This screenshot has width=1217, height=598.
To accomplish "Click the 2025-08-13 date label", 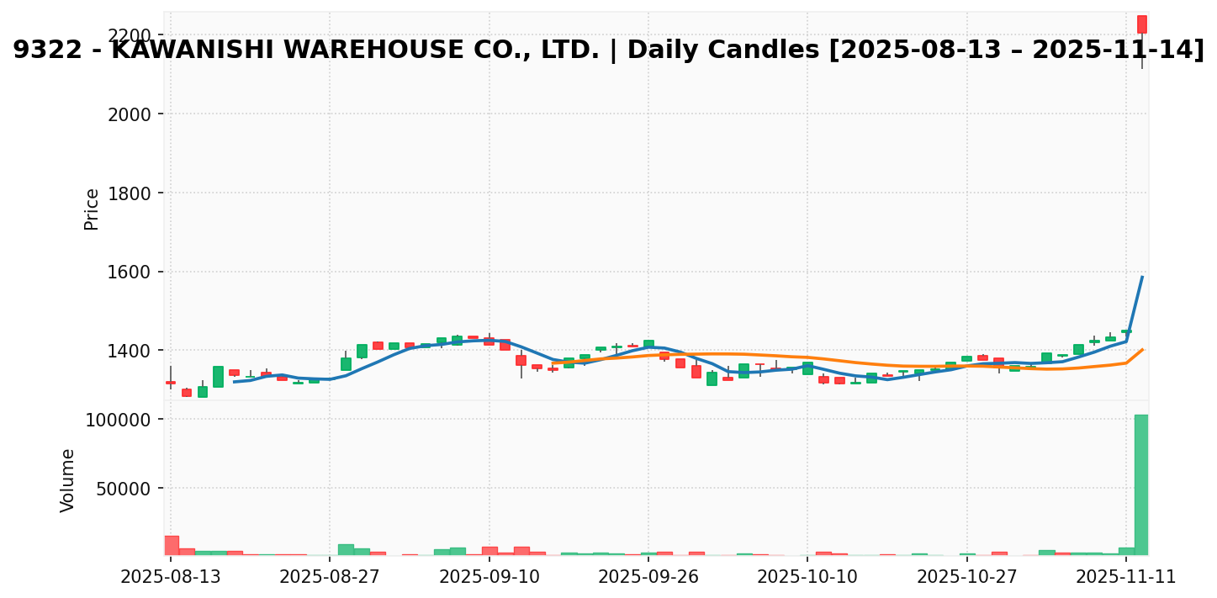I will coord(171,577).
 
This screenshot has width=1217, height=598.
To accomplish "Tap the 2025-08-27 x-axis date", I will coord(330,577).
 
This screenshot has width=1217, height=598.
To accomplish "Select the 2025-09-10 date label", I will coord(489,577).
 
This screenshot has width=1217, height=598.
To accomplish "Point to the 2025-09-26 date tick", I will coord(648,577).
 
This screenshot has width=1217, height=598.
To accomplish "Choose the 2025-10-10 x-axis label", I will coord(807,577).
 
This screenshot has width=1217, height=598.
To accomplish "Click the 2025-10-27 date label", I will coord(967,577).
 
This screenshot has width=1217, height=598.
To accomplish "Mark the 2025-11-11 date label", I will coord(1126,577).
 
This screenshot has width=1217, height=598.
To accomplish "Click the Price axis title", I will coord(92,209).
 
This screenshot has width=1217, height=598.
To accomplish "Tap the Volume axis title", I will coord(68,480).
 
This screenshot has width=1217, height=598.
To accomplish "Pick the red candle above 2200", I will coord(1141,24).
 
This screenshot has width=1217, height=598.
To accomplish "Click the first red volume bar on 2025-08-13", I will coord(171,545).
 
